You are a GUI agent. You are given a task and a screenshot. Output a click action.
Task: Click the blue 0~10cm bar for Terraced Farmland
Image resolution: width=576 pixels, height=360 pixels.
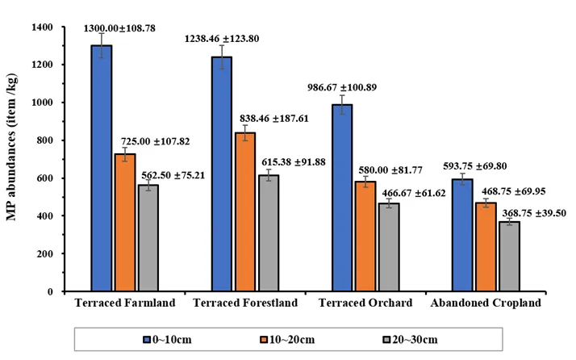[102, 169]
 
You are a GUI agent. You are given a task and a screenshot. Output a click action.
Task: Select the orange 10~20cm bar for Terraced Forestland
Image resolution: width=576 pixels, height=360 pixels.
[245, 212]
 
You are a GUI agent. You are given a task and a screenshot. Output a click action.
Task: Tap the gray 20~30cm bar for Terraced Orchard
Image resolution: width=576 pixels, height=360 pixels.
[390, 247]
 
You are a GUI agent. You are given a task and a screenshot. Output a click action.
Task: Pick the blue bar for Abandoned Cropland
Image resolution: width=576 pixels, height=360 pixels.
[462, 236]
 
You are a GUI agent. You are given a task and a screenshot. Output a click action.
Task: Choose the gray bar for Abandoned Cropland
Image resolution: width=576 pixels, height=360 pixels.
[510, 257]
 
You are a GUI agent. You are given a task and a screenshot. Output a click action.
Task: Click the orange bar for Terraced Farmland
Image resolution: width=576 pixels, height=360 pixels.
[125, 223]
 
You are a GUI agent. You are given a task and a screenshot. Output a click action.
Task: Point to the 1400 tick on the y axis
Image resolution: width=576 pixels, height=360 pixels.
[64, 27]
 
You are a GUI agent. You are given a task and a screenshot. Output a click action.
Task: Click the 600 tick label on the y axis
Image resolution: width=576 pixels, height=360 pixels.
[45, 178]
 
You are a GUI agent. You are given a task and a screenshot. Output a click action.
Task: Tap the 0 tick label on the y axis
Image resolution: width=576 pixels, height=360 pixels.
[50, 291]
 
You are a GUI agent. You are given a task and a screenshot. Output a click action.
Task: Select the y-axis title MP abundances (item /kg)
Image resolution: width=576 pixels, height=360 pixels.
[11, 147]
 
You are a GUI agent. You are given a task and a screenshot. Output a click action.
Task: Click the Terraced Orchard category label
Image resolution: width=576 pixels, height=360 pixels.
[365, 303]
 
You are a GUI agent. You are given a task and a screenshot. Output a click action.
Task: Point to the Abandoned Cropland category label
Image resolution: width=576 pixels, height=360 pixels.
[486, 303]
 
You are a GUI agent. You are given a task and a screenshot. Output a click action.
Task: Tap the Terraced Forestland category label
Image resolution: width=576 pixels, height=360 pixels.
[245, 303]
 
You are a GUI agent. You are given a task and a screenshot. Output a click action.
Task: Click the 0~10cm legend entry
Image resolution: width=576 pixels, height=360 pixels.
[168, 339]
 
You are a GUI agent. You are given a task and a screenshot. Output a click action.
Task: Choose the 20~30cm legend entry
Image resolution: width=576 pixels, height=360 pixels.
[411, 339]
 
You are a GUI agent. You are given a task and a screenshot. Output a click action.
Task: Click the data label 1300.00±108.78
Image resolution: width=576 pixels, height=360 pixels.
[119, 28]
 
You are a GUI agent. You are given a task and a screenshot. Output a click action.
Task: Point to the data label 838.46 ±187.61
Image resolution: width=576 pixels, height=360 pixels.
[274, 119]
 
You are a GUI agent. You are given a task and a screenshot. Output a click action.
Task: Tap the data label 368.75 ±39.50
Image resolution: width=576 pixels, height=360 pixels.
[534, 213]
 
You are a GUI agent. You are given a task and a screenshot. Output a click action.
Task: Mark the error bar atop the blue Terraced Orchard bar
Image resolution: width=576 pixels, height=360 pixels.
[342, 105]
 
